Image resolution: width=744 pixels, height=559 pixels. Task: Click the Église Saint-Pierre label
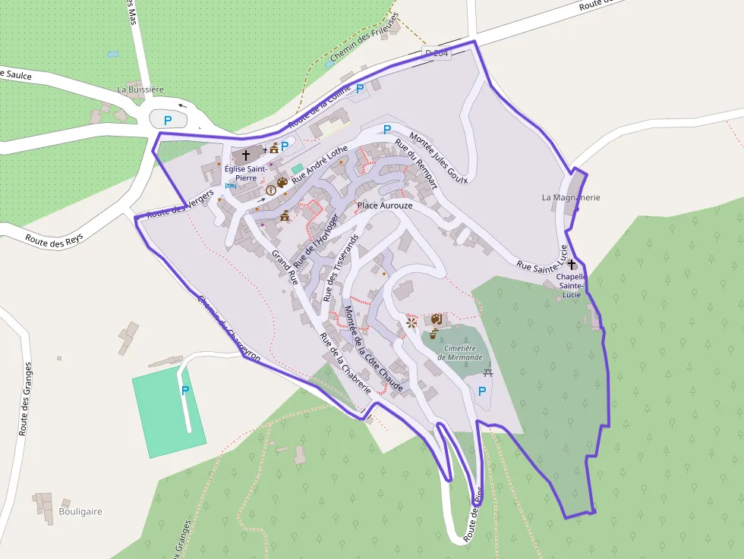tap(245, 172)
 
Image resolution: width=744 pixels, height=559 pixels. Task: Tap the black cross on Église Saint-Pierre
tap(245, 155)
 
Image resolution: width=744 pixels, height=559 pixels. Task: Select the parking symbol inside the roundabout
tap(169, 119)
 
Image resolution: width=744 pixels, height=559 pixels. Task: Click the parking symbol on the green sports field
tap(184, 390)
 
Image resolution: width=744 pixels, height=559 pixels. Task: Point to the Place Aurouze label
tap(385, 206)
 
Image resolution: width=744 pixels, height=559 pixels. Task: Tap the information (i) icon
tap(270, 190)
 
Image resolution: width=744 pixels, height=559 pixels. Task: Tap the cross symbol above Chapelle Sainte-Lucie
tap(571, 265)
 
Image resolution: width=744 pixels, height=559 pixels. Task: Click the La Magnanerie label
tap(571, 197)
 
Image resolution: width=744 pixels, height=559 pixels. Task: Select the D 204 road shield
tap(437, 52)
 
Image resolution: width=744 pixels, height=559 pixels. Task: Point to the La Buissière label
tap(140, 90)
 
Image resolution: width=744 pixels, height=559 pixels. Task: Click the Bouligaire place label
tap(80, 511)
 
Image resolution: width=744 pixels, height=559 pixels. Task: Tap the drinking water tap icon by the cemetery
tap(433, 334)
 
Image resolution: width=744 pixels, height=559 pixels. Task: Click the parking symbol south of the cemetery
tap(481, 391)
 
